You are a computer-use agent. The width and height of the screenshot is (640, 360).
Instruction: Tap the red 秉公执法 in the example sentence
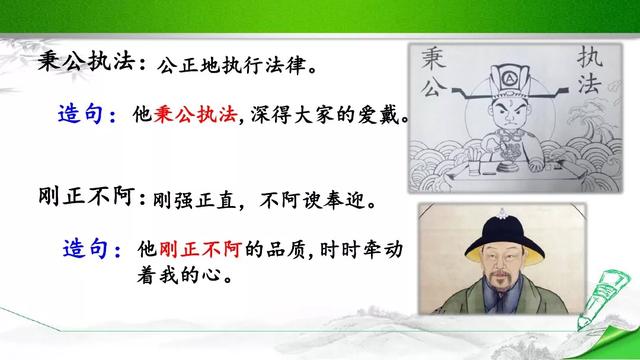pyautogui.click(x=195, y=117)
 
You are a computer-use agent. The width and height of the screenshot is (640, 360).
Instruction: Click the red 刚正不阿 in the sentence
pyautogui.click(x=203, y=247)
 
